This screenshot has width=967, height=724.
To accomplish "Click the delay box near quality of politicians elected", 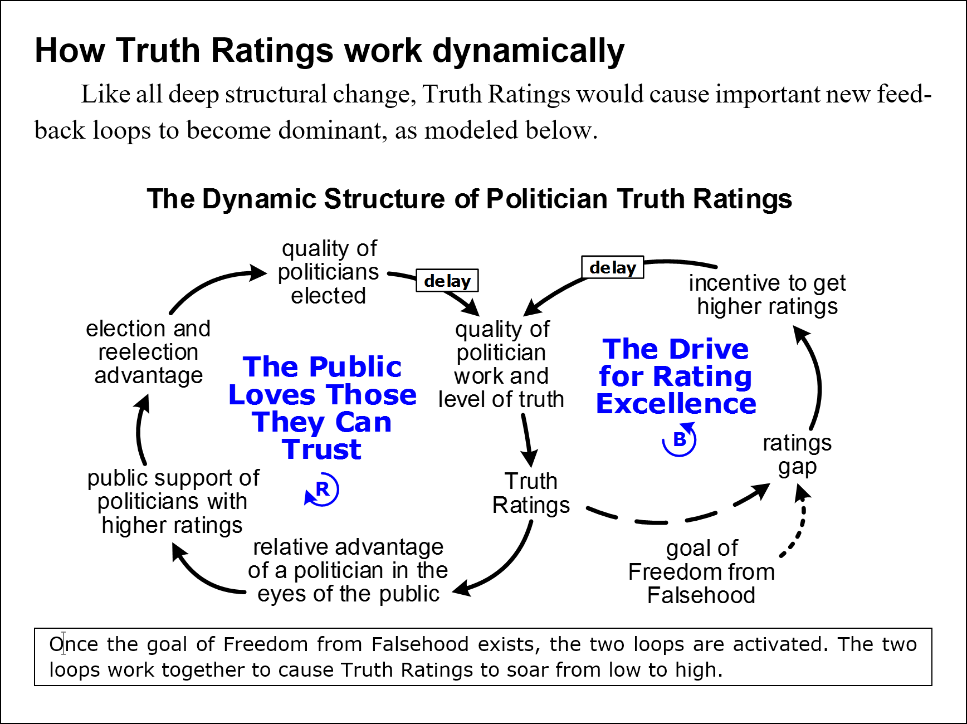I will point(447,281).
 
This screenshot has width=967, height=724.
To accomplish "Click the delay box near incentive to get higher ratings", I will point(612,267).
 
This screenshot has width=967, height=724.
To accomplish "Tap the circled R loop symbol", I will point(322,490).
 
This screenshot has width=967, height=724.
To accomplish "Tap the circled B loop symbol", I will point(679,440).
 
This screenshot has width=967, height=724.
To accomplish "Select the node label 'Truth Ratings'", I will point(531,493).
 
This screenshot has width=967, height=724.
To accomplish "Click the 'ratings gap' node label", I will point(797,454).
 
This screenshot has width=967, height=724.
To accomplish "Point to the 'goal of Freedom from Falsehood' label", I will point(701,571).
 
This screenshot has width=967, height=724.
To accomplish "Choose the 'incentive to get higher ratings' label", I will point(767,295).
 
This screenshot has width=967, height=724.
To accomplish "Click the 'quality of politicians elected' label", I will point(329,272).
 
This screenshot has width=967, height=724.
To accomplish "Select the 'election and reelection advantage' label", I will point(148,352).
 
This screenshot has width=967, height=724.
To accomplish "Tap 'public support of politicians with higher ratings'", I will point(173,501).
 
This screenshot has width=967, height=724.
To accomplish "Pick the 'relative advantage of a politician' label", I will point(348,570).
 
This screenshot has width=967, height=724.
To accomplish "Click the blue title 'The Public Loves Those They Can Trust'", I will point(323,408).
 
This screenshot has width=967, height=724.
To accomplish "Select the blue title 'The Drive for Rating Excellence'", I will point(676,376).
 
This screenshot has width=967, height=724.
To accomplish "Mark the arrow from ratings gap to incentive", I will point(817,379).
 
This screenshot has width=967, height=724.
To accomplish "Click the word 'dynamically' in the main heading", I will point(529,51).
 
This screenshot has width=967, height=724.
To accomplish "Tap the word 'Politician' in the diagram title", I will point(546,199).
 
